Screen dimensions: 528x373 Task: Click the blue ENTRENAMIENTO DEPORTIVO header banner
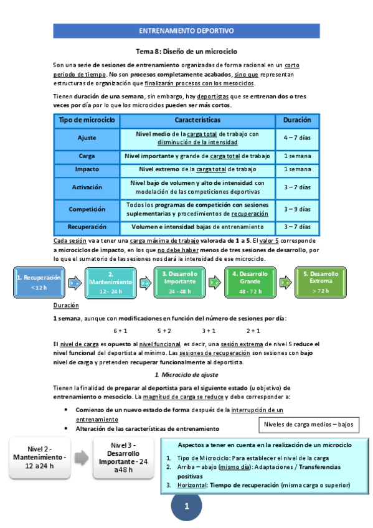[186, 30]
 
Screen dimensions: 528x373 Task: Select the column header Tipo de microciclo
[87, 119]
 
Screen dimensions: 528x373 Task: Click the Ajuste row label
[87, 138]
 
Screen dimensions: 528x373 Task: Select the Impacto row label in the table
[87, 169]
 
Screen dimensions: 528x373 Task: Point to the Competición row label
[87, 209]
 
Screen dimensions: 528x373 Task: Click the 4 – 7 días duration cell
[297, 138]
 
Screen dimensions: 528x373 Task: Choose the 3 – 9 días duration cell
[297, 209]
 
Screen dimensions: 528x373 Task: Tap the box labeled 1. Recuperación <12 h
[39, 281]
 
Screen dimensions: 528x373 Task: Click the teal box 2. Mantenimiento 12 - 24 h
[110, 281]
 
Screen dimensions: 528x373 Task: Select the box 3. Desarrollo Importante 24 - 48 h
[181, 281]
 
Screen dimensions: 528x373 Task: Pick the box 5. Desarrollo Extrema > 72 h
[321, 281]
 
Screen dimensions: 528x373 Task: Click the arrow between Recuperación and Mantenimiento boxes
[75, 282]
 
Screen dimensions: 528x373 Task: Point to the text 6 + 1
[120, 331]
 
